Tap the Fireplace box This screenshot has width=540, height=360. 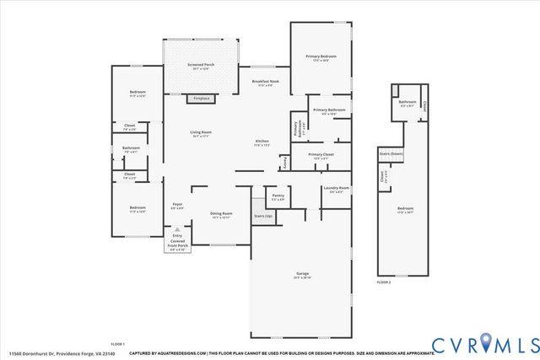tap(201, 99)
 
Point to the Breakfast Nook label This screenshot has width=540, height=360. tap(267, 82)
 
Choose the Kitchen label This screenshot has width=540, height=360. tap(262, 142)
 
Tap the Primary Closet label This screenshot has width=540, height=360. tap(321, 155)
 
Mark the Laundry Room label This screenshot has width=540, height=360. tap(335, 188)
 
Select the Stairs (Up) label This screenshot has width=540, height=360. tap(263, 217)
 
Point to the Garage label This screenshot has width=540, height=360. tap(302, 274)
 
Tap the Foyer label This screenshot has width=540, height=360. tap(177, 205)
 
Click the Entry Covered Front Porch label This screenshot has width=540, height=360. tap(177, 239)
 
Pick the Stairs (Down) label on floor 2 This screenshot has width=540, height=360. tap(391, 154)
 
